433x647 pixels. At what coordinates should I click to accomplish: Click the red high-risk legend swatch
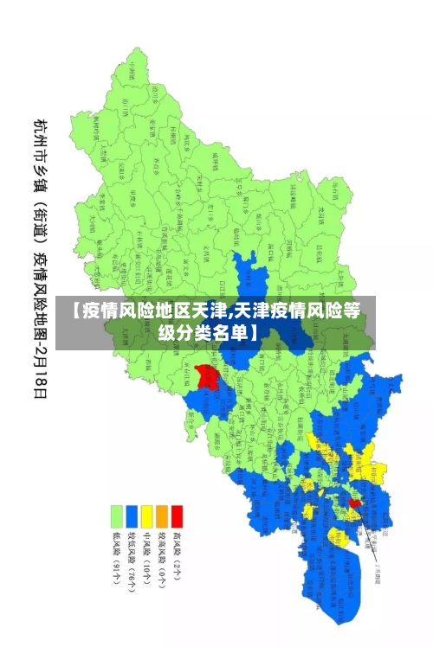[x=178, y=516]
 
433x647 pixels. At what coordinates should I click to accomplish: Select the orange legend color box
[x=162, y=516]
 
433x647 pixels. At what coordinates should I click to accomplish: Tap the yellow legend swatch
[x=146, y=516]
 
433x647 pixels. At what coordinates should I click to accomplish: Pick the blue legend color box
[x=131, y=516]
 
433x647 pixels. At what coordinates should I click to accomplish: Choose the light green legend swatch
[x=115, y=516]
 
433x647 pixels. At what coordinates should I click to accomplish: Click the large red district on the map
[x=207, y=376]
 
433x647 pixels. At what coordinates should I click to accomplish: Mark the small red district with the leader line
[x=354, y=502]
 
